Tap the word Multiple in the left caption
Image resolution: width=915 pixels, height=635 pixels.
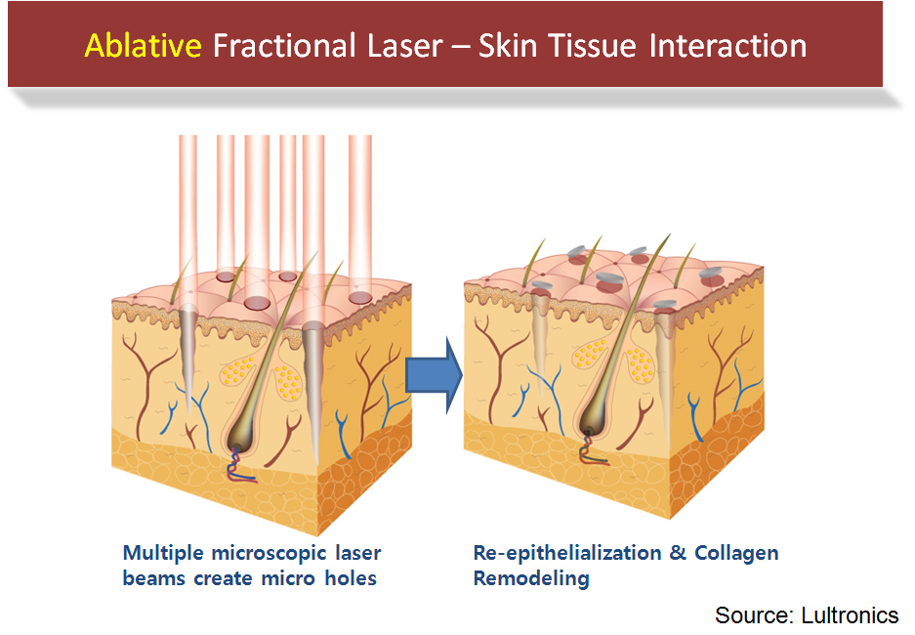pos(163,553)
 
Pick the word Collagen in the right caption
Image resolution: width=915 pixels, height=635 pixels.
pos(737,553)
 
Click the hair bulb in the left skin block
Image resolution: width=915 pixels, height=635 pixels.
pos(240,434)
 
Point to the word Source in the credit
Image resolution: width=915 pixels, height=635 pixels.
pos(750,614)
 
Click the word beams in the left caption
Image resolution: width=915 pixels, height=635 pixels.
pos(151,578)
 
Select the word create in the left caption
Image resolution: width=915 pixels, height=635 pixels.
pos(221,578)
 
